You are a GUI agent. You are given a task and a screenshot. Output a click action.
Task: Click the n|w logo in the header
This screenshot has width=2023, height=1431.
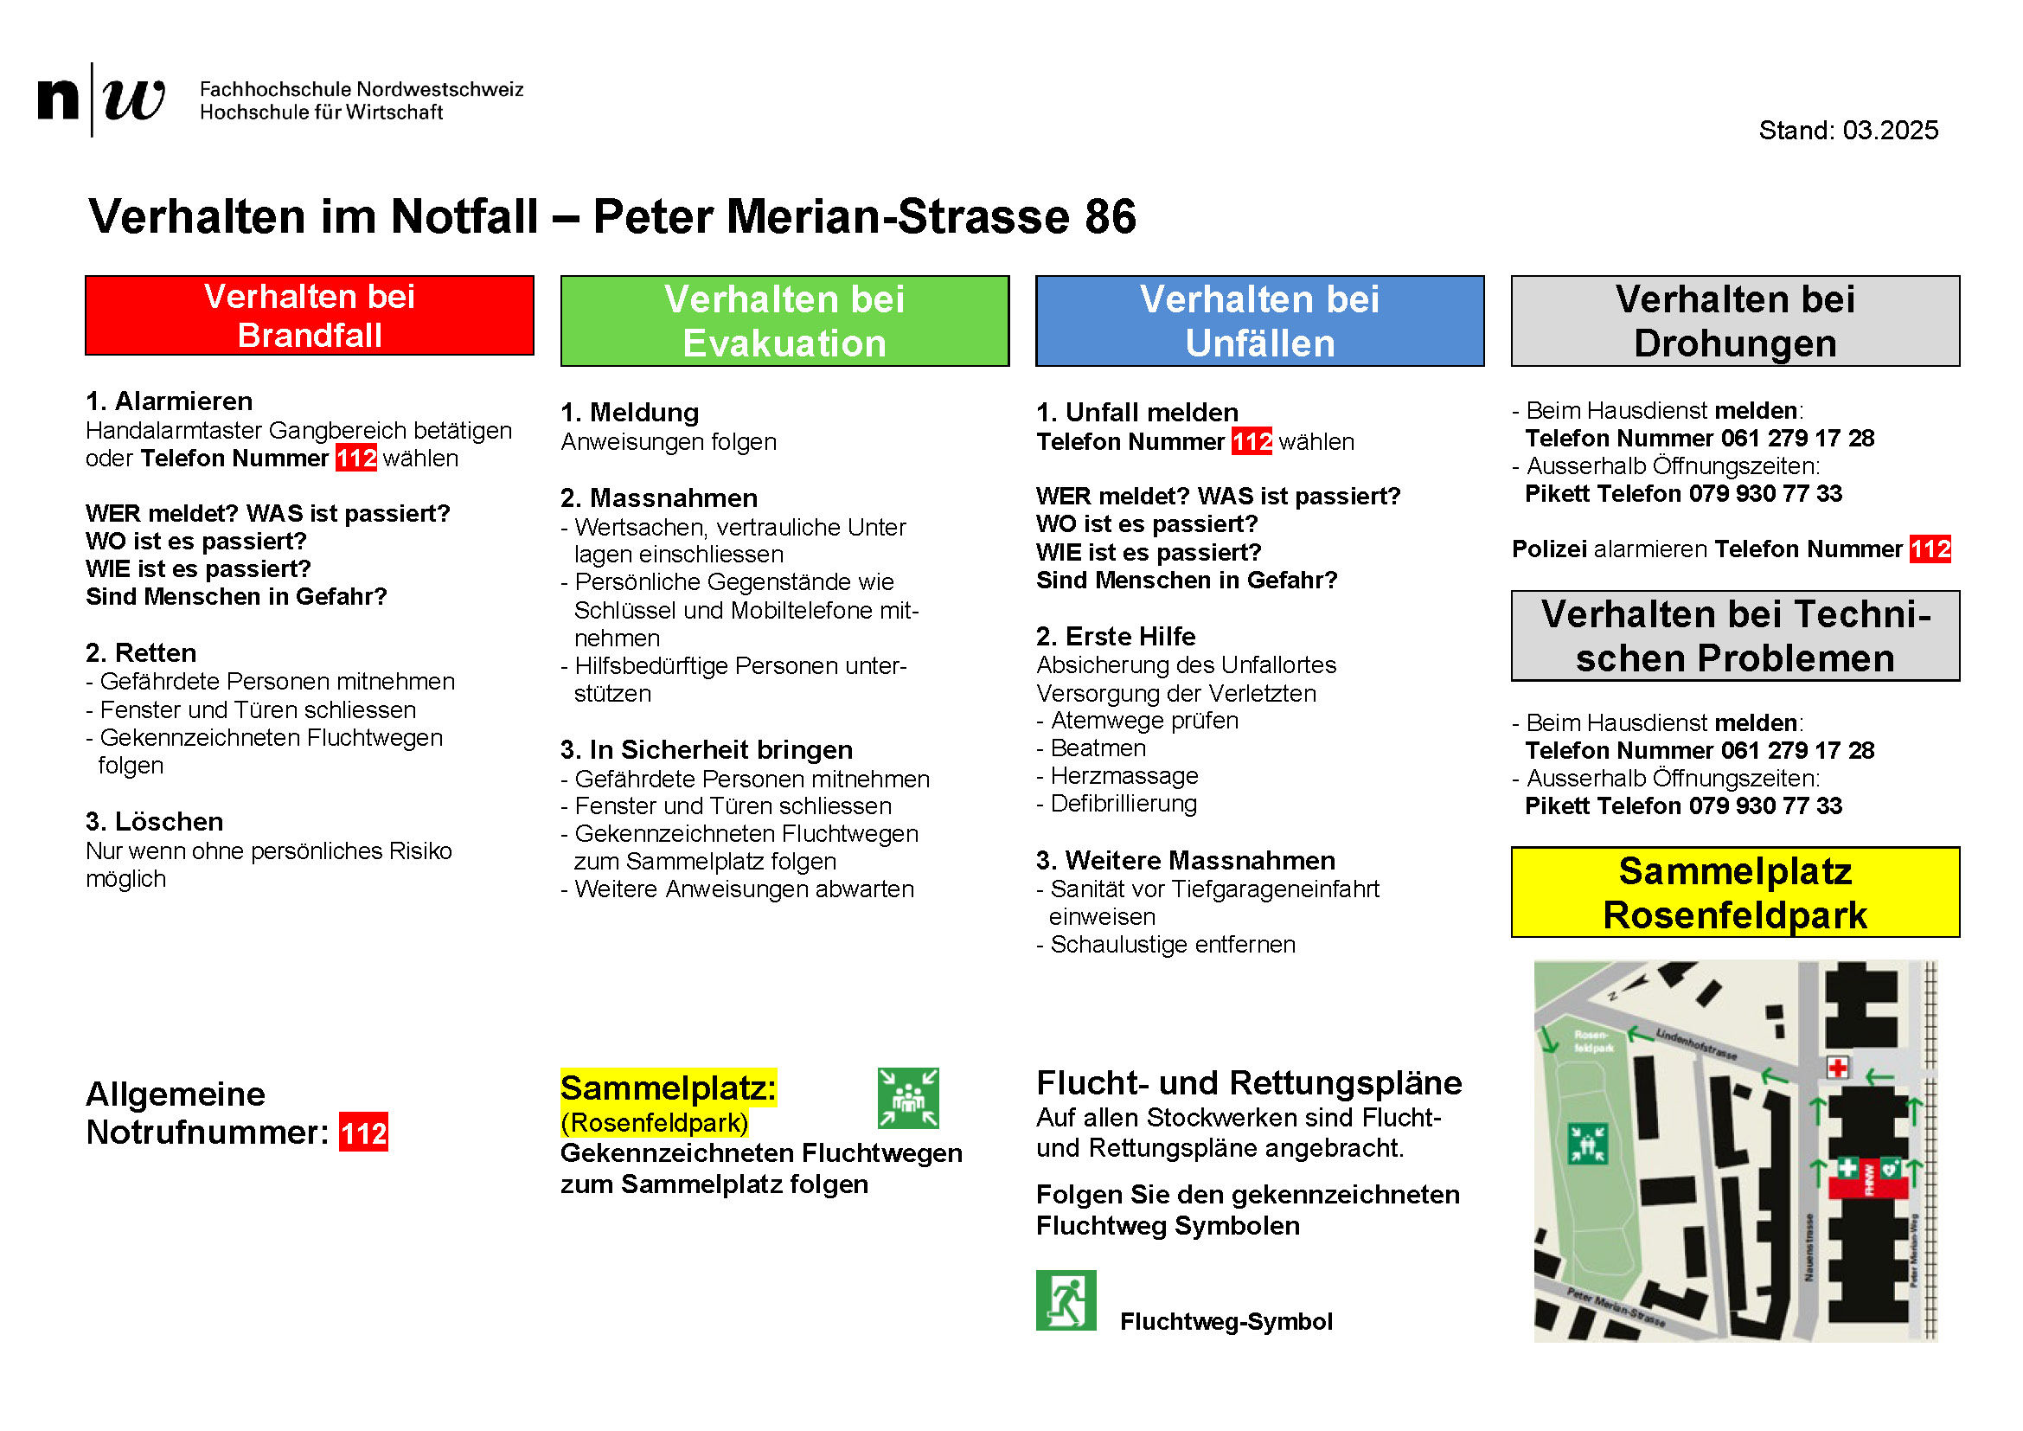(x=100, y=99)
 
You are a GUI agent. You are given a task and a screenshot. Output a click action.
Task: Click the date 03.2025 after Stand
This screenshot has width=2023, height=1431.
(x=1890, y=131)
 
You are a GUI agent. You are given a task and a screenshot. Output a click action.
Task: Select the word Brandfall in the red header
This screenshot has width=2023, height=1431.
(x=310, y=336)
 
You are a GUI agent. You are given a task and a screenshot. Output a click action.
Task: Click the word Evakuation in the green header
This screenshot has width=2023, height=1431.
(x=784, y=343)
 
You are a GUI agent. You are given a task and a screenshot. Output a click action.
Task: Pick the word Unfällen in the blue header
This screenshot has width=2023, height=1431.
(x=1260, y=343)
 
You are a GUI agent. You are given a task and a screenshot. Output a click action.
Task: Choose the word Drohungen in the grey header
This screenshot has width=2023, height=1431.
(x=1735, y=343)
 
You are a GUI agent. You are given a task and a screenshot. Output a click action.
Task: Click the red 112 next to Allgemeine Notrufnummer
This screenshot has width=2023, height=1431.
(x=364, y=1133)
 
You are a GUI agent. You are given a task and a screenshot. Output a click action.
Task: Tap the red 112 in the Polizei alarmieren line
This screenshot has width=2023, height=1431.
(x=1930, y=549)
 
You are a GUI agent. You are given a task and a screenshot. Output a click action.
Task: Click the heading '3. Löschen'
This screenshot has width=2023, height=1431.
(x=155, y=822)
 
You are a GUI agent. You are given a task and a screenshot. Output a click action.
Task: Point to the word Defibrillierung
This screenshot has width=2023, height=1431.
(x=1124, y=804)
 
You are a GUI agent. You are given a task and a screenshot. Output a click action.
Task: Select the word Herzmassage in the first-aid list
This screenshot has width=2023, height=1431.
(x=1124, y=776)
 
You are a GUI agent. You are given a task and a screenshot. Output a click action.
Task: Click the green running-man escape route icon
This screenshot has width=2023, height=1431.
(x=1066, y=1300)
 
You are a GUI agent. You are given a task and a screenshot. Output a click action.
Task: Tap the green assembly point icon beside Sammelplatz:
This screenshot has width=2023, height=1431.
(x=907, y=1098)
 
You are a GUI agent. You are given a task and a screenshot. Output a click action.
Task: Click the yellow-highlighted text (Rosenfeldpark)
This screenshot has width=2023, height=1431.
(x=654, y=1124)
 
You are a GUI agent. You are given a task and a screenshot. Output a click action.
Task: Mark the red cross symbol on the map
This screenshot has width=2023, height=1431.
(x=1838, y=1068)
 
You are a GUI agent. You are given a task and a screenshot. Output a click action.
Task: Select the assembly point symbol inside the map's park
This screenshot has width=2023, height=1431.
(x=1588, y=1144)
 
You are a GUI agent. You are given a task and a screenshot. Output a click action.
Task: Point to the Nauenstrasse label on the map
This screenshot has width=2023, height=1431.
(x=1809, y=1247)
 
